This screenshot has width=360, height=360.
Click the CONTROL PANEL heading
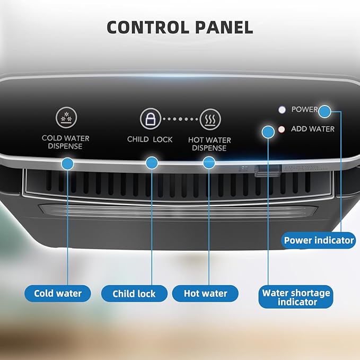click(x=180, y=28)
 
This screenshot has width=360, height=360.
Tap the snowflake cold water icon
click(x=66, y=117)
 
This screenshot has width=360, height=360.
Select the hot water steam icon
click(x=210, y=119)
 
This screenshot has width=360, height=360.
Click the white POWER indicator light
click(x=282, y=110)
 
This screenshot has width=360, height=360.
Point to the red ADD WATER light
click(x=282, y=129)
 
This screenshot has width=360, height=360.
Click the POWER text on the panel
click(x=304, y=109)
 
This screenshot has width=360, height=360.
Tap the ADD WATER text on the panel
click(x=313, y=129)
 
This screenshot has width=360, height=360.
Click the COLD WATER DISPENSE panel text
click(x=65, y=142)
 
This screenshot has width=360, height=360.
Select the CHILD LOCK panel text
click(x=150, y=139)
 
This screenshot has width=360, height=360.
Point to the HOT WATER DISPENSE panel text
click(x=209, y=144)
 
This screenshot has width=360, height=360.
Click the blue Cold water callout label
click(x=58, y=293)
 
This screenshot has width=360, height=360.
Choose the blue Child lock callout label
click(x=134, y=294)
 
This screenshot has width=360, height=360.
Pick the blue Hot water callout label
click(x=205, y=293)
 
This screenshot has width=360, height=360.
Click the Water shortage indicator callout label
click(x=296, y=297)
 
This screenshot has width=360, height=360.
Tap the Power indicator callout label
click(x=319, y=240)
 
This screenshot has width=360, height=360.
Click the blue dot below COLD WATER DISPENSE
click(x=67, y=164)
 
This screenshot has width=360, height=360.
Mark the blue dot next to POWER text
click(x=324, y=111)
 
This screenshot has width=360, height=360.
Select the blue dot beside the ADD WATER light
click(x=268, y=132)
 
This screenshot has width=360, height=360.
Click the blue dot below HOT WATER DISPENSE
click(x=209, y=163)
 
